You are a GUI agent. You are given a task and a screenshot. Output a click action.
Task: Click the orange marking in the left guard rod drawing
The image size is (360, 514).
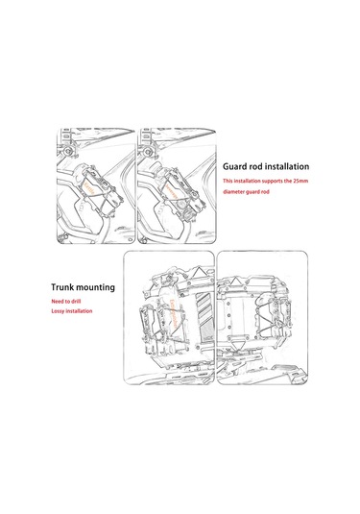(x=88, y=189)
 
